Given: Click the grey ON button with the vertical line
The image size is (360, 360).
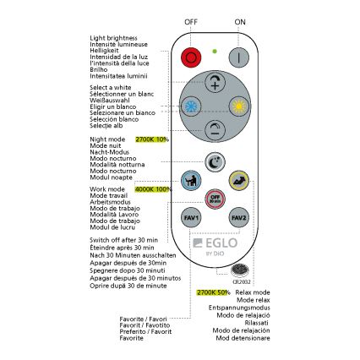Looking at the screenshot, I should pyautogui.click(x=239, y=57).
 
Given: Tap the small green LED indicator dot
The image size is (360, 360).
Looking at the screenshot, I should pyautogui.click(x=215, y=52).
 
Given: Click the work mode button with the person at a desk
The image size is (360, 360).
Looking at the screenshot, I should pyautogui.click(x=191, y=180).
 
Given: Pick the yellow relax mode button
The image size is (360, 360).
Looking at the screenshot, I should pyautogui.click(x=239, y=180).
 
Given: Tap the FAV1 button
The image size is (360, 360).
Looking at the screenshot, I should pyautogui.click(x=191, y=217).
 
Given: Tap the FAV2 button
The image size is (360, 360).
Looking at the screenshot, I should pyautogui.click(x=239, y=217).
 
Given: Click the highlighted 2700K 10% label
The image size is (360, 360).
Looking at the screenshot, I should pyautogui.click(x=152, y=139).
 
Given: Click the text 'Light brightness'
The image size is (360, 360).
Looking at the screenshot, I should pyautogui.click(x=106, y=39).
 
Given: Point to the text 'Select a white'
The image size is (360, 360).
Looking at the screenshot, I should pyautogui.click(x=104, y=87).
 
